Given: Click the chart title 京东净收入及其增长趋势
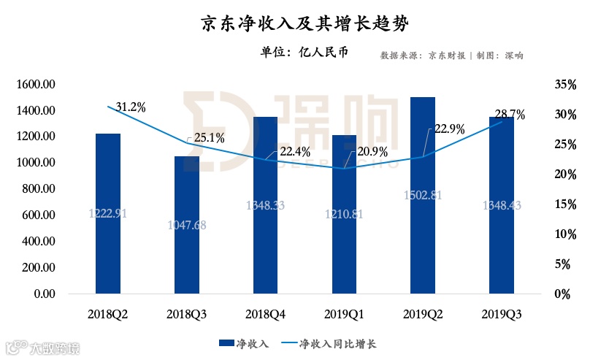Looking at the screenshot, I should (304, 24).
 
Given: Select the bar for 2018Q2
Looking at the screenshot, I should (108, 219).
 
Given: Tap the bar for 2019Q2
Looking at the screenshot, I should (423, 204).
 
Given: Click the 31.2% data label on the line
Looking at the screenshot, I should (130, 107).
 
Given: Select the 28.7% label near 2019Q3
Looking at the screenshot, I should (510, 115).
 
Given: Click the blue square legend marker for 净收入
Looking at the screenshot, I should (226, 342).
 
